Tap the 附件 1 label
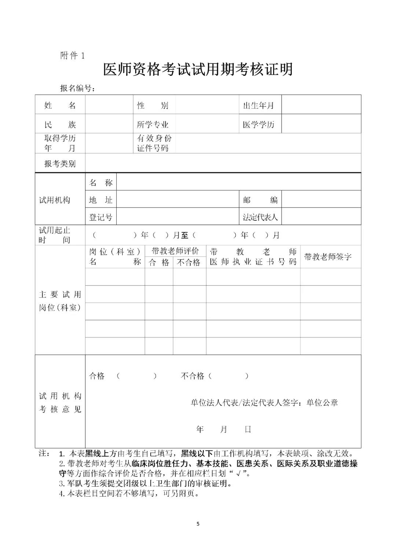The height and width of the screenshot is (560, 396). pyautogui.click(x=72, y=56)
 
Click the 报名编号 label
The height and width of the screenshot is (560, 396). pyautogui.click(x=77, y=88)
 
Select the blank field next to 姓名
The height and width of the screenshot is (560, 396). pyautogui.click(x=109, y=105)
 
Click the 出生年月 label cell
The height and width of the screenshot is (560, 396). pyautogui.click(x=258, y=106)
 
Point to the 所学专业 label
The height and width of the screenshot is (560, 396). pyautogui.click(x=153, y=125)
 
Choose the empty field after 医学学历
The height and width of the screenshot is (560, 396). pyautogui.click(x=321, y=124)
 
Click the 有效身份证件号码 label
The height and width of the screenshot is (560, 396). pyautogui.click(x=154, y=143)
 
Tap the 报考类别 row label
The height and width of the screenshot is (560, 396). pyautogui.click(x=60, y=164)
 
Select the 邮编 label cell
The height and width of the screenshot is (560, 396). pyautogui.click(x=260, y=200)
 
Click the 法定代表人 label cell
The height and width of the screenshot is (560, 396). pyautogui.click(x=260, y=217)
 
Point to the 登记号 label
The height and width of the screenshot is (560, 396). pyautogui.click(x=101, y=217)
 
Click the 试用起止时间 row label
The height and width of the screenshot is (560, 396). pyautogui.click(x=55, y=235)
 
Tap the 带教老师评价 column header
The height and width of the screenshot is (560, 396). pyautogui.click(x=175, y=251)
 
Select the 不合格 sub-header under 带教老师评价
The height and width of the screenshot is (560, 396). pyautogui.click(x=189, y=263)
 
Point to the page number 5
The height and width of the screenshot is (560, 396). pyautogui.click(x=198, y=524)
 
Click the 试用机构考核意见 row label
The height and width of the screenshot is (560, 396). pyautogui.click(x=60, y=402)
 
